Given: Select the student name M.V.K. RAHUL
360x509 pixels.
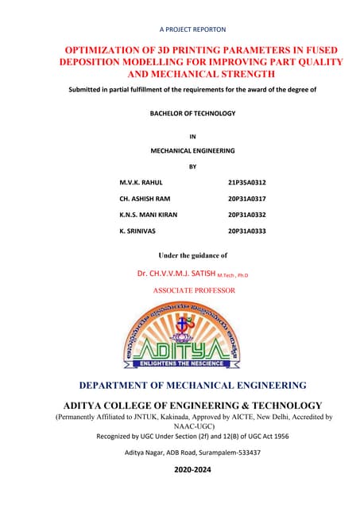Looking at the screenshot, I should click(x=141, y=182).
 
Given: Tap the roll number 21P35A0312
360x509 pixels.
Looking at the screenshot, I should click(x=246, y=182).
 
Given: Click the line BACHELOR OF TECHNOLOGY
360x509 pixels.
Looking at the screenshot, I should click(x=192, y=114).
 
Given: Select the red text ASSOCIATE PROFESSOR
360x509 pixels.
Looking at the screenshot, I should click(x=194, y=290).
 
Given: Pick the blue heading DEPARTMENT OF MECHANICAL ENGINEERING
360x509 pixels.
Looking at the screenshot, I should click(x=192, y=386).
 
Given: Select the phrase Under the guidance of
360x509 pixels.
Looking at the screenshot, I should click(x=193, y=255).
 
